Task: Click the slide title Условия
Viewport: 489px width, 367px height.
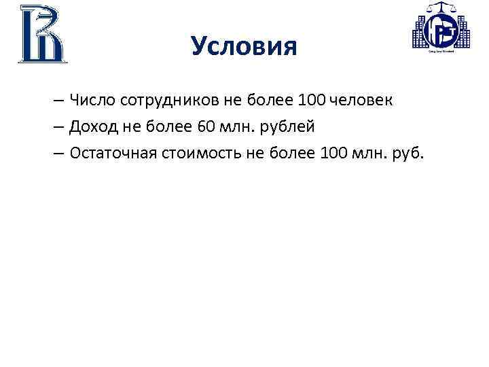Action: pos(244,47)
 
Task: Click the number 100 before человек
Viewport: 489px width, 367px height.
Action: pos(311,101)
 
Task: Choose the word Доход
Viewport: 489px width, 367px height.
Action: pos(94,127)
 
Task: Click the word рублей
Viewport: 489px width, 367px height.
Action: pos(287,128)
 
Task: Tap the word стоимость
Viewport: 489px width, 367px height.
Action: pos(199,154)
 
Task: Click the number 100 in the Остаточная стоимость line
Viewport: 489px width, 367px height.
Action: pos(333,154)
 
